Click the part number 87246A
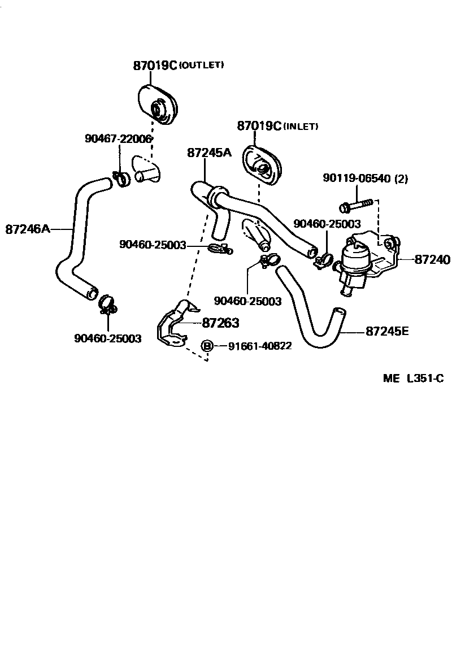click(28, 229)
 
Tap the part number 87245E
click(386, 332)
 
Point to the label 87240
click(432, 260)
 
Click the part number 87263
click(220, 323)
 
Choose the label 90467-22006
click(118, 138)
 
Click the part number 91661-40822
click(260, 346)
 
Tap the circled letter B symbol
click(207, 346)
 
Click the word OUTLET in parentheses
click(202, 66)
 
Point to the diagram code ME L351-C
click(413, 379)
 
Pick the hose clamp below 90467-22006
click(121, 179)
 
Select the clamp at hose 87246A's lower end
click(107, 304)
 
